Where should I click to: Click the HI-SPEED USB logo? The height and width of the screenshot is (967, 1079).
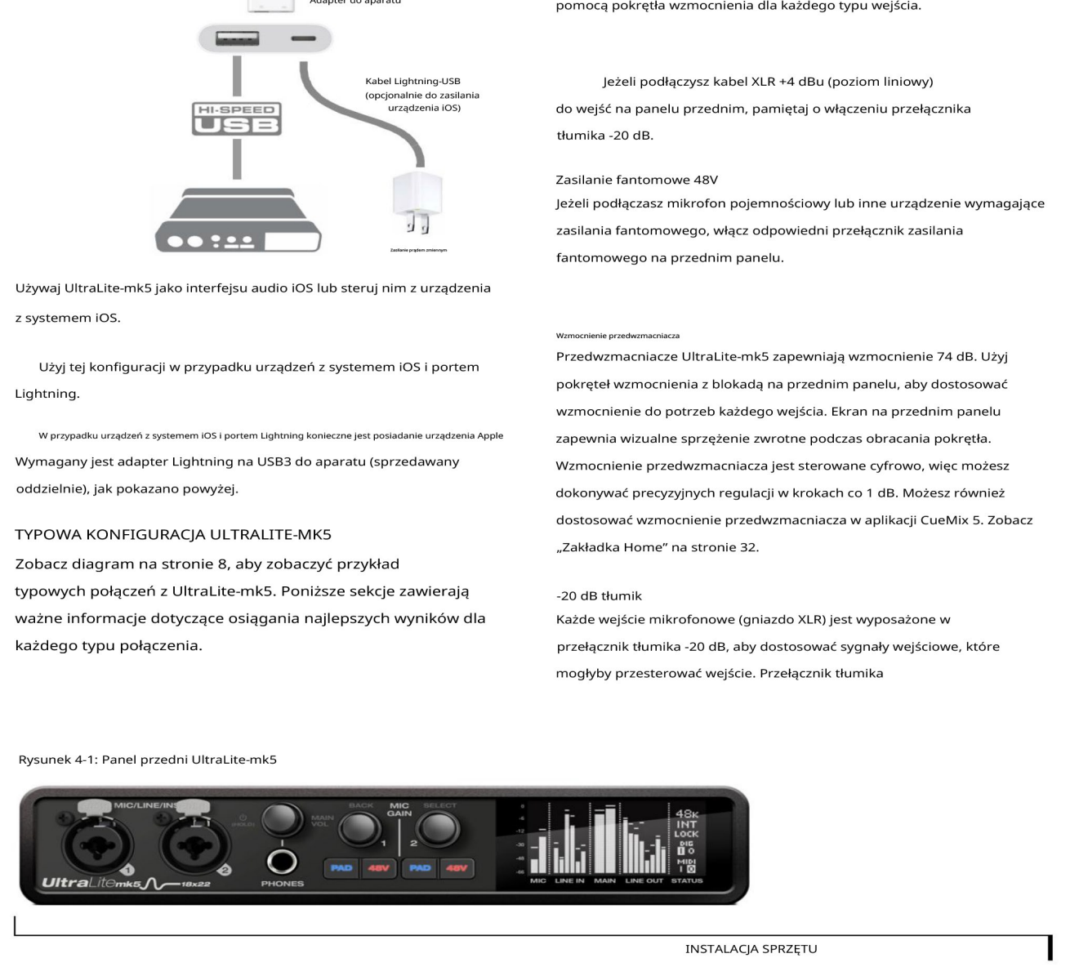coord(237,118)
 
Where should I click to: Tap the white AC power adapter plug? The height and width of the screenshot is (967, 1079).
coord(417,203)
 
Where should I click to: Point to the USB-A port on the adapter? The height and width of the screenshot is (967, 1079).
coord(237,38)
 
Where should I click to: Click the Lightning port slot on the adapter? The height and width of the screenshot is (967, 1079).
coord(303,38)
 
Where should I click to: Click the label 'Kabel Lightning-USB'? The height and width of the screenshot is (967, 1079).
coord(412,81)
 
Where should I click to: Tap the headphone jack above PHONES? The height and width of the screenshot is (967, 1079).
coord(282,861)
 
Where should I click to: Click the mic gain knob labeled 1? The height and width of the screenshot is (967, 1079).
coord(360,828)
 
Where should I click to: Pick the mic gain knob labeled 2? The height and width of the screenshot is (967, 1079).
coord(438,828)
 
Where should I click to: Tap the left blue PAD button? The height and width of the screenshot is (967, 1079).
coord(341,867)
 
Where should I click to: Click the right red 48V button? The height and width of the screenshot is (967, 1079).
coord(456,867)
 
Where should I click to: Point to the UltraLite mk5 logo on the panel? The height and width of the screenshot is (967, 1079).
coord(91,883)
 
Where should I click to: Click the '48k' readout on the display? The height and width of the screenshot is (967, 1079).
coord(686,813)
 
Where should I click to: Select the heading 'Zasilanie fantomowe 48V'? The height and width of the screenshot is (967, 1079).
coord(636,180)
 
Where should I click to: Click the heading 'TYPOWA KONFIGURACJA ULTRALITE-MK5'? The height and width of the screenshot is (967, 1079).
coord(173,535)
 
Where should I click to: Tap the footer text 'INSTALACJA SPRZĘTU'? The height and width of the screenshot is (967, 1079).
coord(751,949)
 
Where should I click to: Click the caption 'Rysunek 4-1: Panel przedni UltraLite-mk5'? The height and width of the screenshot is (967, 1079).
coord(148,760)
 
